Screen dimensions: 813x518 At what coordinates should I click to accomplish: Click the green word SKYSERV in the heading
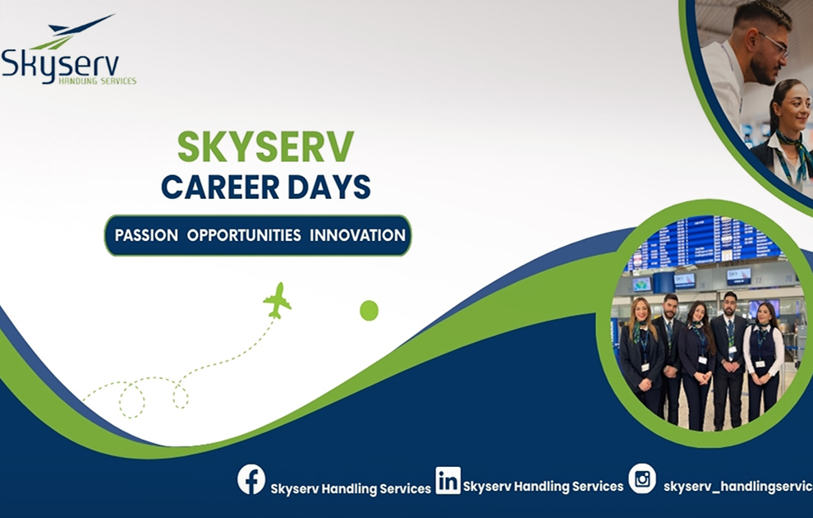(265, 146)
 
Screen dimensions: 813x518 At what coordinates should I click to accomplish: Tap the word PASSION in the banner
(146, 236)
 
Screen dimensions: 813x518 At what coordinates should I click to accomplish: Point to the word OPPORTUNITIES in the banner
(244, 236)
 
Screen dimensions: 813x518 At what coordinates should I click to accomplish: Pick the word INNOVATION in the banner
(358, 236)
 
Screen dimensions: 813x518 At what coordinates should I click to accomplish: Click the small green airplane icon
(278, 301)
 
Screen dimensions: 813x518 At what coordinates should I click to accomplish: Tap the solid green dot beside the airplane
(370, 310)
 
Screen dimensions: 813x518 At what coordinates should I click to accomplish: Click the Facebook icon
(251, 479)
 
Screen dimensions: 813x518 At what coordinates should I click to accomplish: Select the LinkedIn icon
(448, 481)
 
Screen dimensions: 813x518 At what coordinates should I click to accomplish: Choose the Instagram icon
(642, 479)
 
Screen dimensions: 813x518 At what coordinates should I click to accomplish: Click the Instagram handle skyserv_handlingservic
(737, 486)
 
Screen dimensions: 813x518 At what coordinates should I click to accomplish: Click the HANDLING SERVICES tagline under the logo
(98, 81)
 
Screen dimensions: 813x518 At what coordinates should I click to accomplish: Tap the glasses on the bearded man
(774, 43)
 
